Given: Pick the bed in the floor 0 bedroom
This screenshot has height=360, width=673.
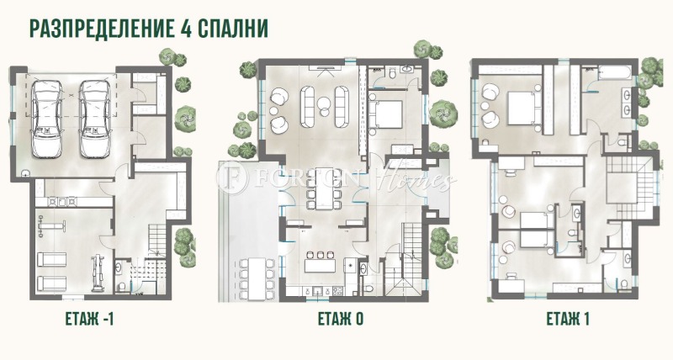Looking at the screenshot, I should [388, 113].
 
